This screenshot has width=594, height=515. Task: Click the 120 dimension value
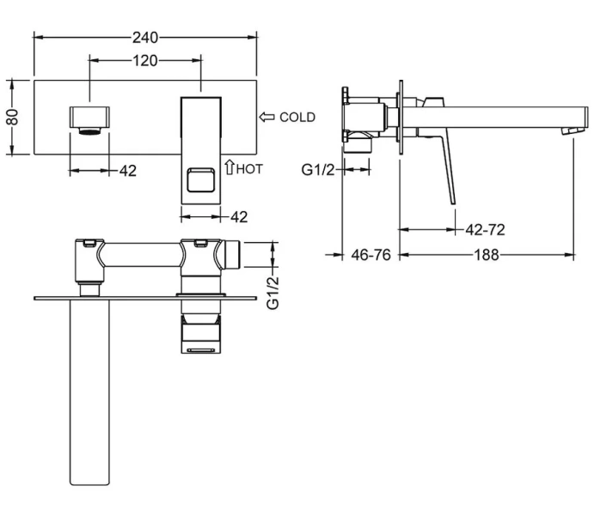coord(145,61)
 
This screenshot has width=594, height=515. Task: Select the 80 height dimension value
coord(12,118)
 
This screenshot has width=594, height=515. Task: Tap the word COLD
coord(297,118)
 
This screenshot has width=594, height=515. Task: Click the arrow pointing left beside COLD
coord(266,117)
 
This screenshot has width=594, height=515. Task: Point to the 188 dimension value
coord(487,254)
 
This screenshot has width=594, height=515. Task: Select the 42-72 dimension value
coord(485,229)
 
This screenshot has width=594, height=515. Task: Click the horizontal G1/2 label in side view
coord(318,170)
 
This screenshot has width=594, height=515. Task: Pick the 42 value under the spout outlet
coord(127,170)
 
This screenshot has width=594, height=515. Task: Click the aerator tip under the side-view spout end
coord(565,130)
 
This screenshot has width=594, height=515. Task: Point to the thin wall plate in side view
coord(401,119)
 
